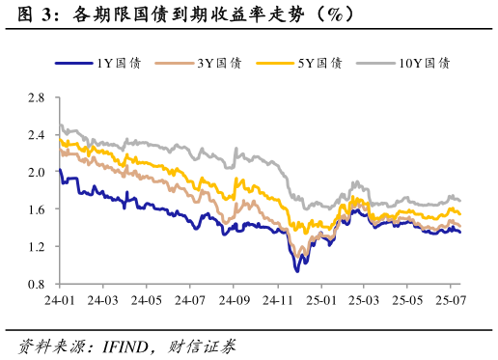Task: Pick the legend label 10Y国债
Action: point(424,64)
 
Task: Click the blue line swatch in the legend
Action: point(73,64)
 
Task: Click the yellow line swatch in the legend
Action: point(274,64)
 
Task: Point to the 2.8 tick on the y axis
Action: point(37,97)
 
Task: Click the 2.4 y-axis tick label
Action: point(37,135)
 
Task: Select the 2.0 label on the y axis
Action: point(37,172)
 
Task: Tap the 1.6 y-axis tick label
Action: point(37,209)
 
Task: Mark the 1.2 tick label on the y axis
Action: point(37,247)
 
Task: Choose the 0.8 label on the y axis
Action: point(37,284)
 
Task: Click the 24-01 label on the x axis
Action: point(59,301)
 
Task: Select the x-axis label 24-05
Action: point(147,301)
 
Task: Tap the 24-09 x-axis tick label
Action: point(234,301)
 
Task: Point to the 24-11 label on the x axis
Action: point(277,301)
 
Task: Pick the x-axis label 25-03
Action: point(364,301)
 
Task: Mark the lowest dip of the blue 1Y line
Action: point(297,271)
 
